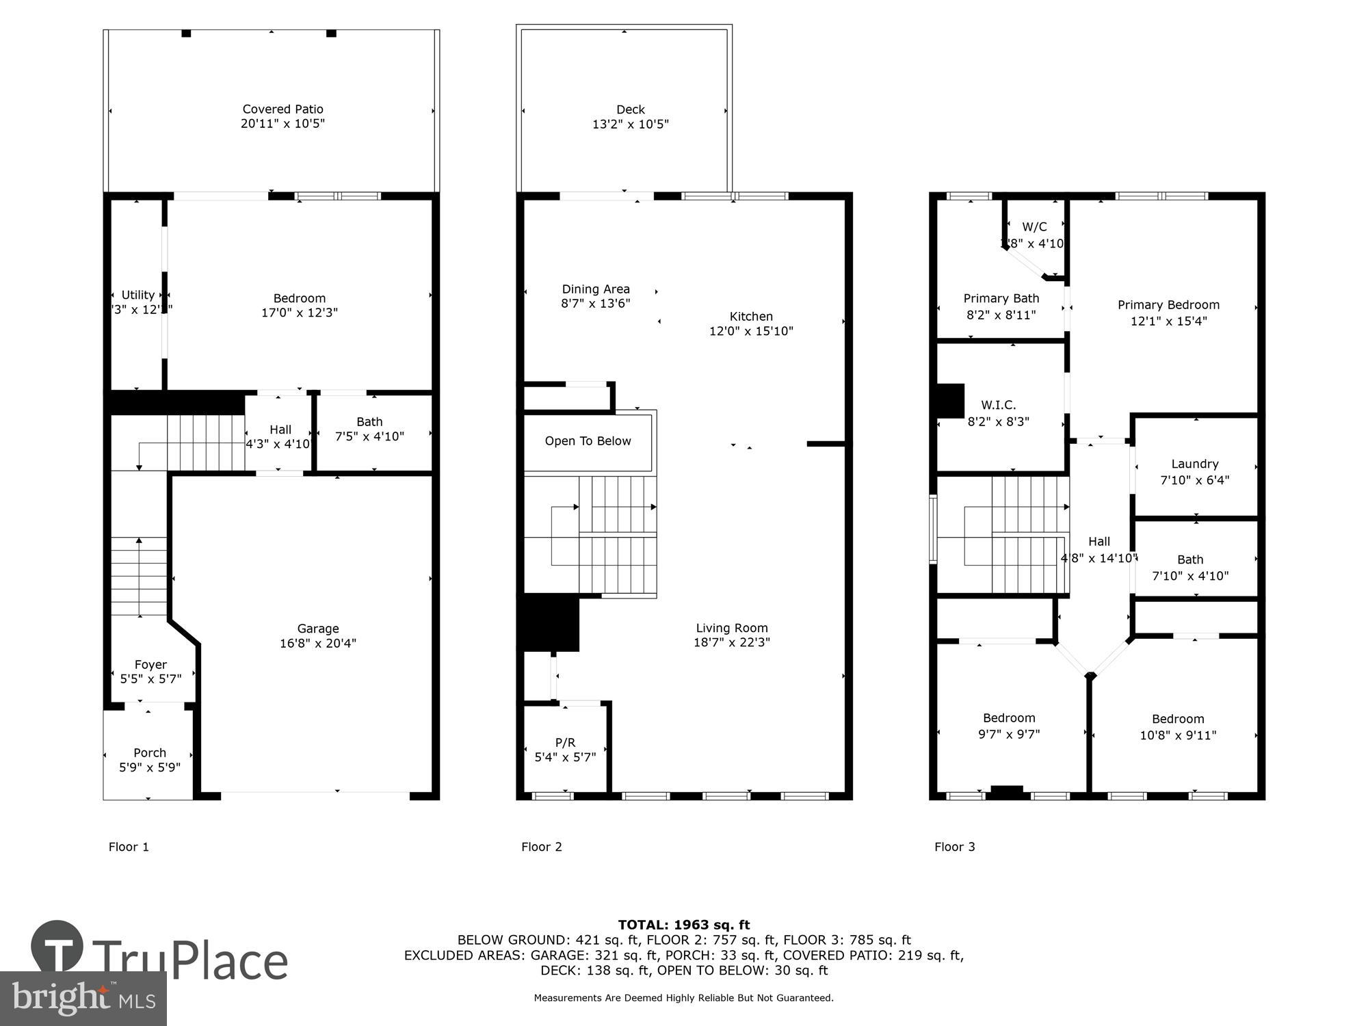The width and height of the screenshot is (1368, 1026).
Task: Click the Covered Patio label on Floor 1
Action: click(282, 109)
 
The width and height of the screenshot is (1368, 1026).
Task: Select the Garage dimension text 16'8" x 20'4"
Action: click(317, 644)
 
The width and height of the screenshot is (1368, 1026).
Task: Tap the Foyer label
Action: click(150, 665)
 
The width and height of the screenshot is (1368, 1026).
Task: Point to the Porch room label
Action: click(149, 753)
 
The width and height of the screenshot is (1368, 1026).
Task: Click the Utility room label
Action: click(137, 295)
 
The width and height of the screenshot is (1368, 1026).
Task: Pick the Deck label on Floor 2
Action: click(630, 109)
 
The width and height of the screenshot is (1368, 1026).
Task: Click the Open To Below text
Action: click(588, 441)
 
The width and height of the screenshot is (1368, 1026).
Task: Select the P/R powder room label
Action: click(565, 743)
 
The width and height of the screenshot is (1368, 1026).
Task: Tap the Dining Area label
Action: click(596, 289)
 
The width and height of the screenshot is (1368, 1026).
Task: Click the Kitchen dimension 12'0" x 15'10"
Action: click(751, 332)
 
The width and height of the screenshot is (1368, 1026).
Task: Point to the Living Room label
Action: click(732, 628)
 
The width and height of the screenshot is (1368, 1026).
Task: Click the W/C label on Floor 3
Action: click(1034, 227)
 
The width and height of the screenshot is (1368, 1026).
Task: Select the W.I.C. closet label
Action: click(998, 405)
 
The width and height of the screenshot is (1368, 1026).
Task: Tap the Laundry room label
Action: click(1194, 464)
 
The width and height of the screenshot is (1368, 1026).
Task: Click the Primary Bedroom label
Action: click(1168, 305)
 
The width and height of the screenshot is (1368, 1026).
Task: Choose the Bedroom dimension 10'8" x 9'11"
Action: click(1178, 736)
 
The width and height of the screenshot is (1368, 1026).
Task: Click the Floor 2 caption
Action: click(541, 847)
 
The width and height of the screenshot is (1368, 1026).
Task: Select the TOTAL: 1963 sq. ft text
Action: click(684, 925)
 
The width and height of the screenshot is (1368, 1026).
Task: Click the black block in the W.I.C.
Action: click(949, 401)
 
